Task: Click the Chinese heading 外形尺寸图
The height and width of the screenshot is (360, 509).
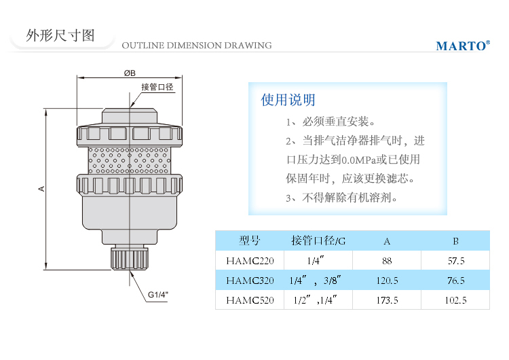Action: pyautogui.click(x=60, y=35)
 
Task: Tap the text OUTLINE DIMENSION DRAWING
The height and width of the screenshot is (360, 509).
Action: pyautogui.click(x=197, y=46)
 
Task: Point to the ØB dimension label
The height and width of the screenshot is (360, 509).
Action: pyautogui.click(x=130, y=73)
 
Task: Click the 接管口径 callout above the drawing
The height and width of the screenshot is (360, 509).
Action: pyautogui.click(x=157, y=88)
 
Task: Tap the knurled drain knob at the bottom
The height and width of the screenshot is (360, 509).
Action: pyautogui.click(x=130, y=258)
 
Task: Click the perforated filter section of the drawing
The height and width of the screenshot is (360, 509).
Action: pyautogui.click(x=130, y=159)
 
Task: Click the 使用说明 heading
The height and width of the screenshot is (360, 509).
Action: pyautogui.click(x=288, y=100)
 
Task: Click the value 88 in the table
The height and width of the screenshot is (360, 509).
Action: pyautogui.click(x=387, y=260)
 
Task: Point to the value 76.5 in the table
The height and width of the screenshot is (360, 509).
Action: pyautogui.click(x=455, y=280)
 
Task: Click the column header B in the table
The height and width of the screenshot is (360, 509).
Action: pyautogui.click(x=455, y=240)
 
